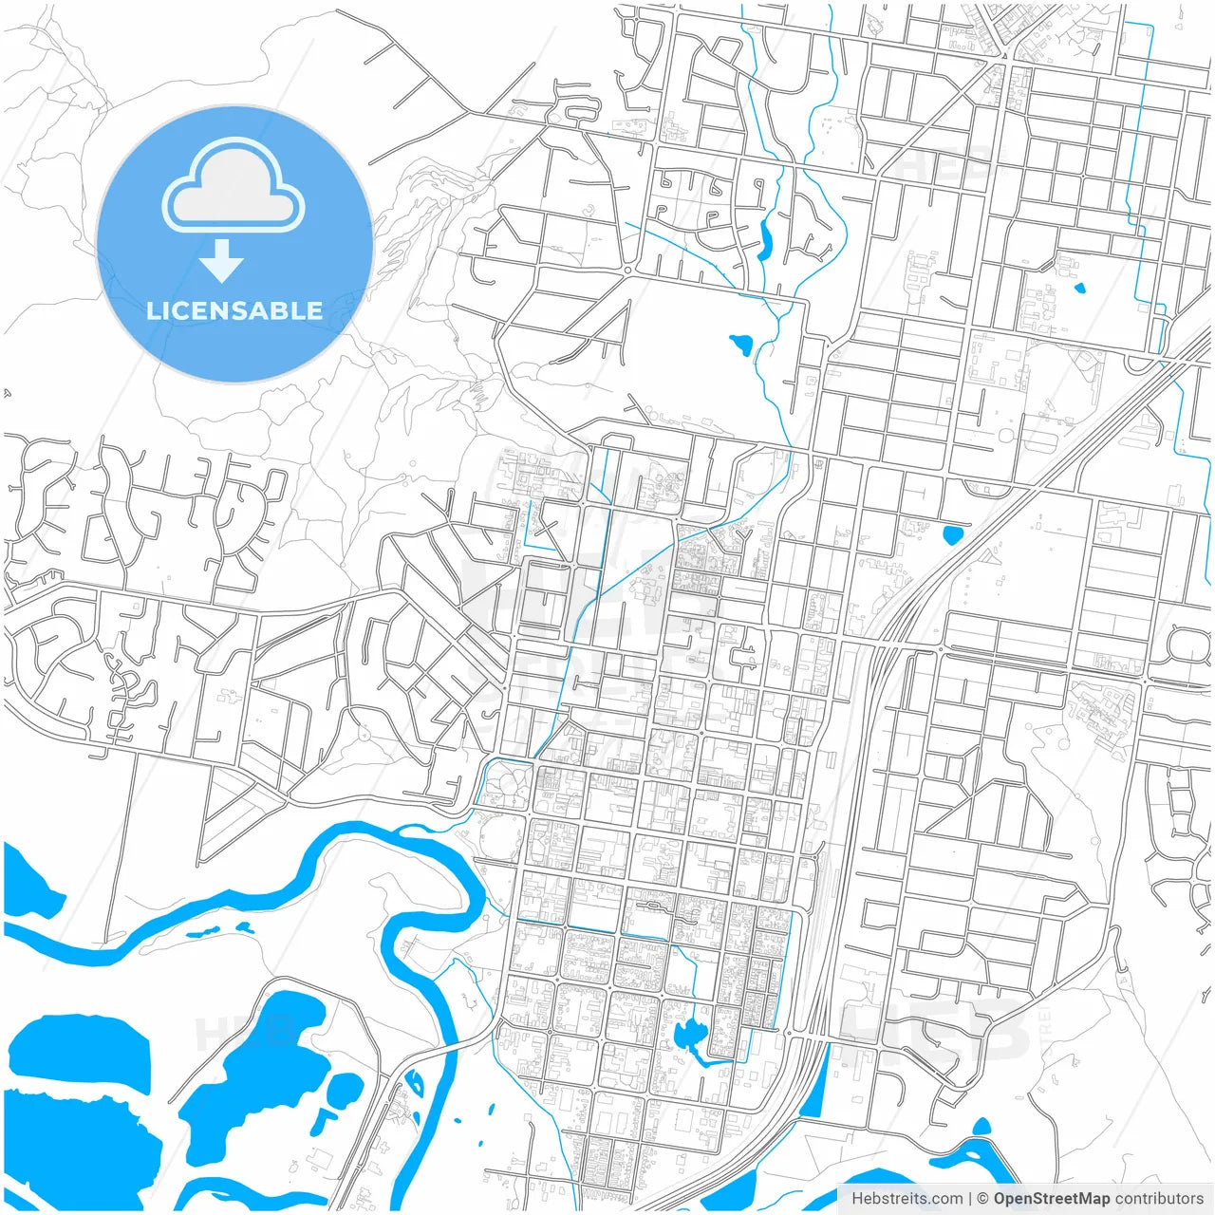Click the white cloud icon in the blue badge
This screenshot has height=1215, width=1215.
(234, 186)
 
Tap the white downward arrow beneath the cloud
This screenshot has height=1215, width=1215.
(221, 261)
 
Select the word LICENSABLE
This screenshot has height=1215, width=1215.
(234, 310)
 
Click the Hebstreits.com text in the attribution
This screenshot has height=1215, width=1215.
(907, 1199)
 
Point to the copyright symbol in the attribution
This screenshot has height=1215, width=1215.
(982, 1199)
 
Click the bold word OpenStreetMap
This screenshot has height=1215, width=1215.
(1052, 1199)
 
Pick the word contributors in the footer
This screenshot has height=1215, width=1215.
(1159, 1199)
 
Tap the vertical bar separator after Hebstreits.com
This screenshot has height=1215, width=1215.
(970, 1199)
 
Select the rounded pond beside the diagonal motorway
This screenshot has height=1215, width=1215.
(952, 534)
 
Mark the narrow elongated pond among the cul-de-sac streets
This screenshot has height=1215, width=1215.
(764, 239)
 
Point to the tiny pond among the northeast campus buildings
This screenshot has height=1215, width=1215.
(1078, 288)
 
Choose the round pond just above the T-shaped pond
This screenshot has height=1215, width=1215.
(346, 1086)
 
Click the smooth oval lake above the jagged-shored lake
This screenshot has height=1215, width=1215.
(81, 1049)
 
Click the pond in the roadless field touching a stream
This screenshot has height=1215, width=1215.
(739, 343)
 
